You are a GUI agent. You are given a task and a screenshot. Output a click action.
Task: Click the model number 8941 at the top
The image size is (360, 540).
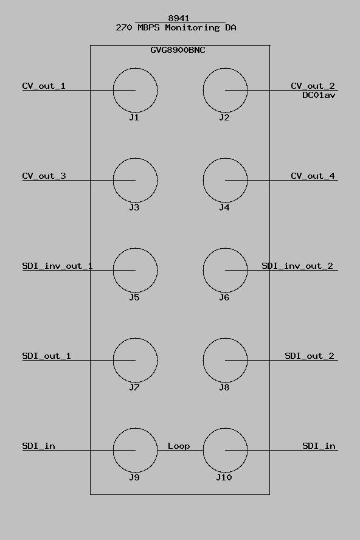(179, 18)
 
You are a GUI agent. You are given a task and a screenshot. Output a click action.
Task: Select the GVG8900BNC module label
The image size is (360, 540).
(178, 50)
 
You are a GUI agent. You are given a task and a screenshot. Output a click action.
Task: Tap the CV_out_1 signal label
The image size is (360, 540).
(44, 86)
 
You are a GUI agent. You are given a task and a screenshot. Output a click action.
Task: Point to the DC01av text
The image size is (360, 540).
(319, 95)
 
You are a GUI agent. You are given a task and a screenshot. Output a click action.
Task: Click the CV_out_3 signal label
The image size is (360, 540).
(44, 176)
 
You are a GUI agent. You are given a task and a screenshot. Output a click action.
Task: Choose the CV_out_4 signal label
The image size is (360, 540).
(313, 176)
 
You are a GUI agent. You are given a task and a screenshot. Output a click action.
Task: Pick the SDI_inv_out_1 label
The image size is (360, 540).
(58, 266)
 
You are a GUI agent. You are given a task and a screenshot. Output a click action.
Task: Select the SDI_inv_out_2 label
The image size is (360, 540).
(297, 266)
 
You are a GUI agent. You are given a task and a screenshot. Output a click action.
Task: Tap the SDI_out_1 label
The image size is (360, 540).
(46, 356)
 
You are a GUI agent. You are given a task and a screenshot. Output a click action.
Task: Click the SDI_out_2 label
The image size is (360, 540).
(310, 356)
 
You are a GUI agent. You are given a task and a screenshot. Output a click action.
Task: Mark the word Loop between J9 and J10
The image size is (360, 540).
(179, 446)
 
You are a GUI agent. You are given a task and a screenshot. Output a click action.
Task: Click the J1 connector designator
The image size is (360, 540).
(134, 117)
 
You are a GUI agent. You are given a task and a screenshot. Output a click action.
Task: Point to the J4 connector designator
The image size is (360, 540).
(224, 207)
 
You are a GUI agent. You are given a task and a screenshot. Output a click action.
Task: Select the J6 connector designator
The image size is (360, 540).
(224, 297)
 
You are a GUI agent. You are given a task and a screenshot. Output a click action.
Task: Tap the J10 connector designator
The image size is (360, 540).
(224, 477)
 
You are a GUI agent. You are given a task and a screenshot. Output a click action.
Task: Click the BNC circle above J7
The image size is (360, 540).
(113, 360)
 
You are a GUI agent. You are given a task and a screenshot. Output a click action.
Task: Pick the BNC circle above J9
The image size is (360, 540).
(113, 450)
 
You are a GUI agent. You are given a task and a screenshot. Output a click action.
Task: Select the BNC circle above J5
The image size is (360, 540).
(113, 271)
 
